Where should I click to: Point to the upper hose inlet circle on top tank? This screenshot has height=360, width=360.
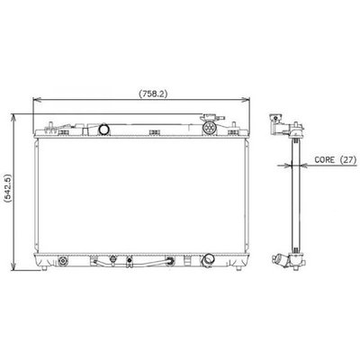click(x=106, y=129)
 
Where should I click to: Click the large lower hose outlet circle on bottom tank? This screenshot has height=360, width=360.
click(x=210, y=260)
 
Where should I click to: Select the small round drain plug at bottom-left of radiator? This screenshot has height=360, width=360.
click(x=64, y=262)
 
